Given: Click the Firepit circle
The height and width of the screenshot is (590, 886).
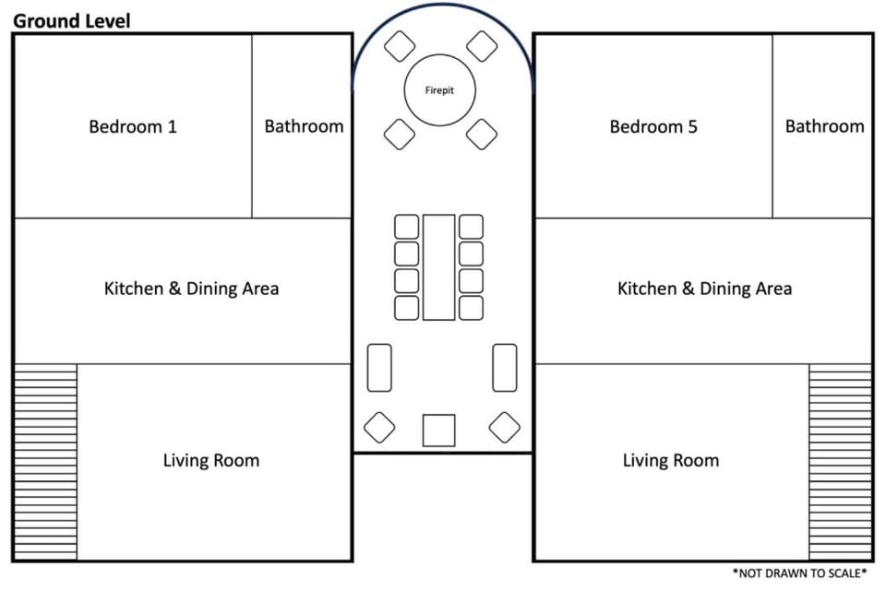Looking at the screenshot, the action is [x=439, y=89].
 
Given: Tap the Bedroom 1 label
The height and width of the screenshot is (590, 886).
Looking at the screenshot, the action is [x=133, y=126].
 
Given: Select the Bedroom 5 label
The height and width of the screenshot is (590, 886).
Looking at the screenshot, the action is [x=653, y=126].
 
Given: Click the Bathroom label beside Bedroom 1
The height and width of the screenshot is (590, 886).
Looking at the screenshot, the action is [x=304, y=126].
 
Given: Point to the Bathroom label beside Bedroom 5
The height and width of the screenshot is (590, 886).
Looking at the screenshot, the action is [x=824, y=126].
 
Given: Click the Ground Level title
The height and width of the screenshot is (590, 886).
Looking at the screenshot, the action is [x=72, y=21].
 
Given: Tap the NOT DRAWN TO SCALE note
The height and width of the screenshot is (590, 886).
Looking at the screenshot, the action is [x=799, y=573].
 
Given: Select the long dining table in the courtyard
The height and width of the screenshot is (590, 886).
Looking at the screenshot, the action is [x=439, y=267].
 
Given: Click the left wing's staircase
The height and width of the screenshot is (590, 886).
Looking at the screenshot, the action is [x=45, y=462].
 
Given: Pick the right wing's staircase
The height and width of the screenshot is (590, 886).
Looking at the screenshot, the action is [x=840, y=462].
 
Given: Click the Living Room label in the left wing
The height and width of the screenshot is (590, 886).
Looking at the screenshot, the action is [x=211, y=460].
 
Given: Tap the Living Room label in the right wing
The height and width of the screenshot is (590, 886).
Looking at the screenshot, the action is [x=671, y=460].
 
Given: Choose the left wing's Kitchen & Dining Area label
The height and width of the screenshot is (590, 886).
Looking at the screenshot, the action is [x=192, y=289].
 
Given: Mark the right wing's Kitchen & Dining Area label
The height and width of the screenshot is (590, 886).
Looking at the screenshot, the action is [x=704, y=289].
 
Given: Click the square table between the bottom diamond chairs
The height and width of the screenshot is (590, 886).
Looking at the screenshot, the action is [x=439, y=431].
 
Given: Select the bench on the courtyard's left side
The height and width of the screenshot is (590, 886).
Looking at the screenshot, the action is [x=379, y=368].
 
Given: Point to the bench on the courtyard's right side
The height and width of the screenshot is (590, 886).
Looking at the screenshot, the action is [x=505, y=368].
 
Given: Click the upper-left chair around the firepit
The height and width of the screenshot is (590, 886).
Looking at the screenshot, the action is [x=400, y=46].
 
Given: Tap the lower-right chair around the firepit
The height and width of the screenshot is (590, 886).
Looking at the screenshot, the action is [x=482, y=135].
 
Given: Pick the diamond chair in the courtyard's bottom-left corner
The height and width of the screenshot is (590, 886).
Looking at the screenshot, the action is [x=379, y=428].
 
